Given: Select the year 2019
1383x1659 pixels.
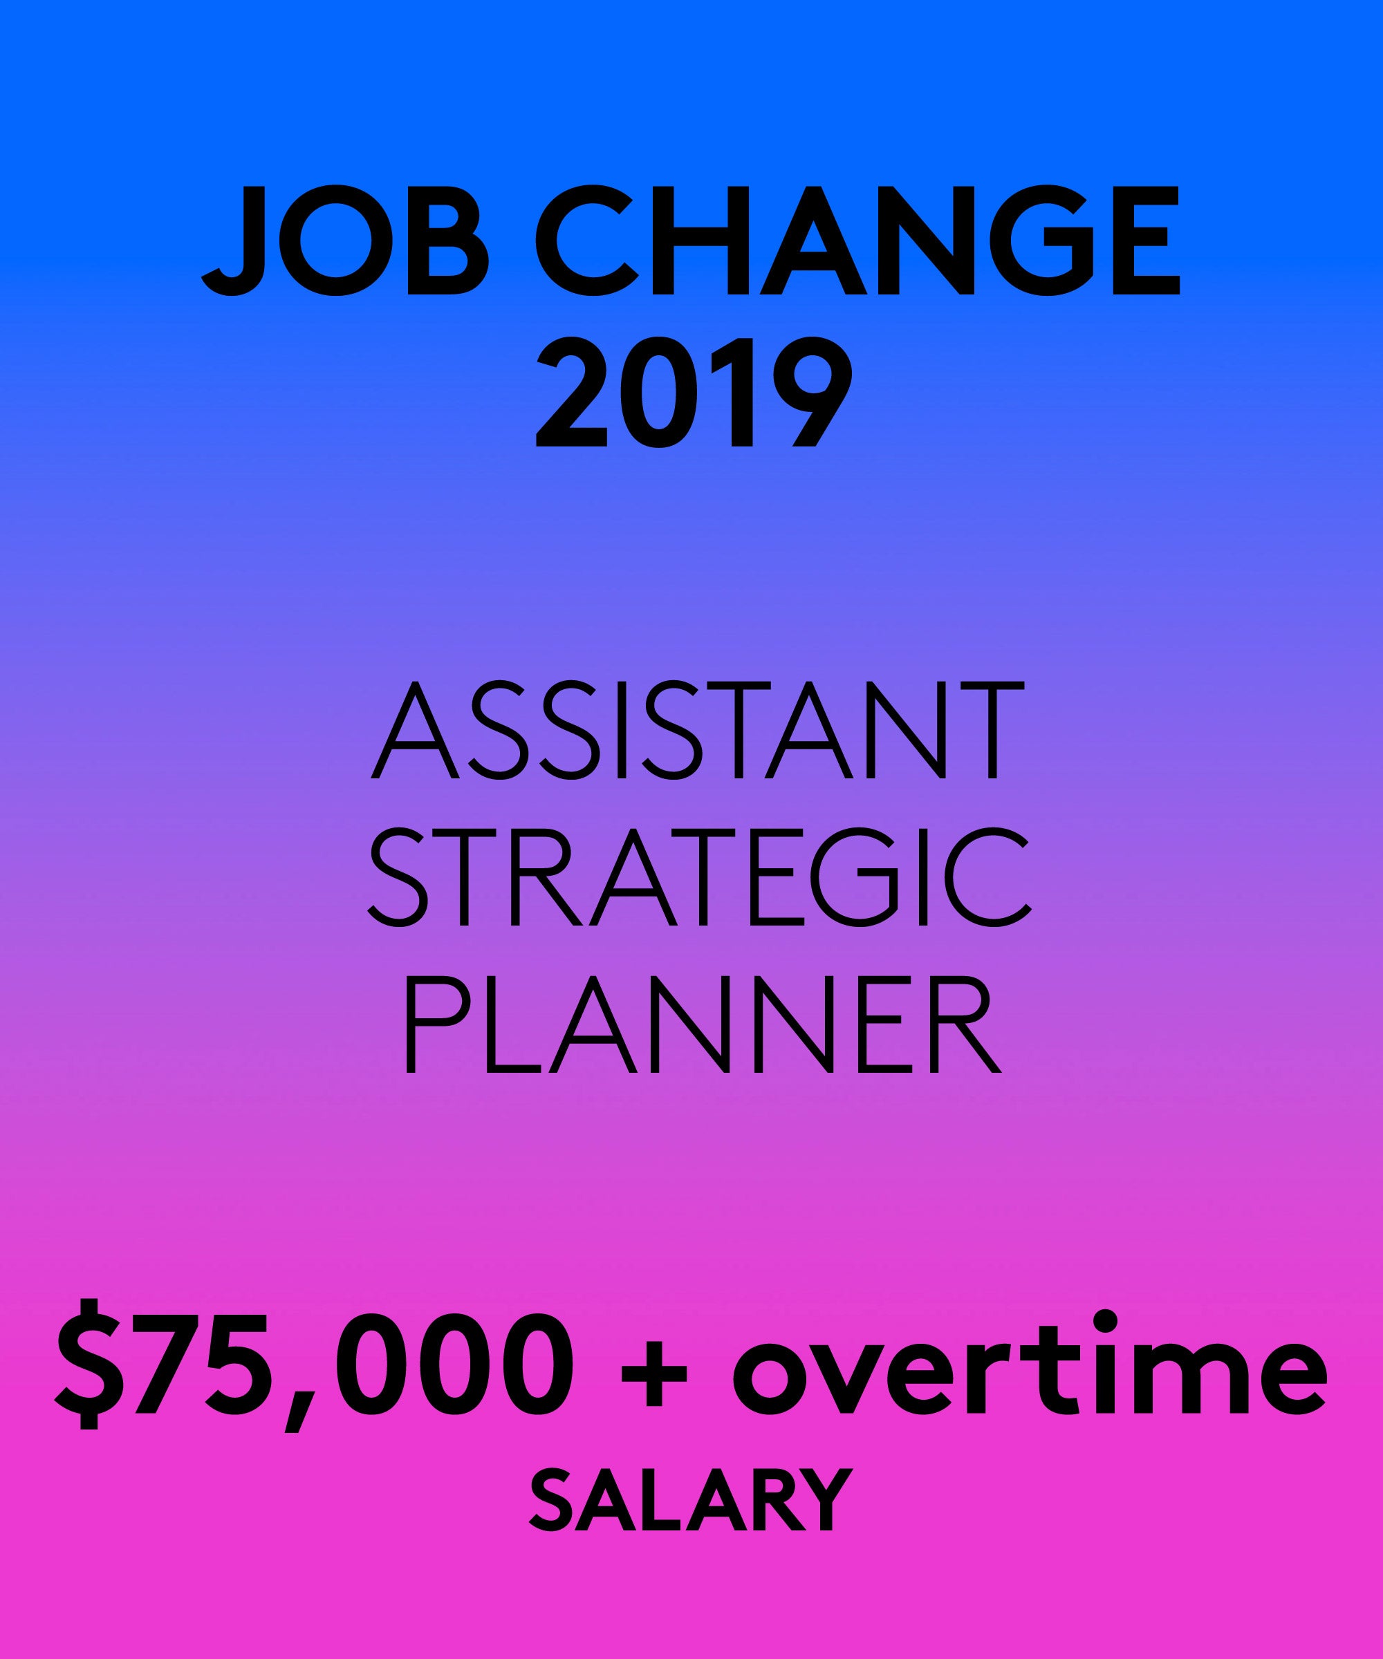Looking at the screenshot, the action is coord(694,393).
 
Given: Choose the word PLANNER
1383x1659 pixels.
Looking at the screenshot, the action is coord(703,1024).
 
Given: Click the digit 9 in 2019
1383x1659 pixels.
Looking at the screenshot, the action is coord(813,393).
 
